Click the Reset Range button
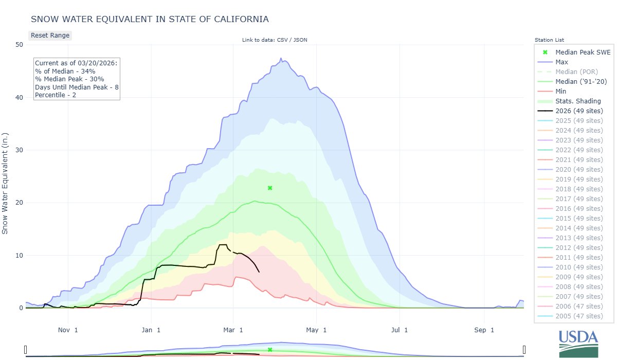click(49, 35)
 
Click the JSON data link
click(300, 40)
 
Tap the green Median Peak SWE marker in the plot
click(270, 188)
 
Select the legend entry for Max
click(562, 62)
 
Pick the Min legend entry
click(561, 91)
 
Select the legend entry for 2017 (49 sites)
click(579, 199)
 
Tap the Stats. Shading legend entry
click(578, 101)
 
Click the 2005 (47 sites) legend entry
click(579, 316)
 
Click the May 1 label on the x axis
click(317, 330)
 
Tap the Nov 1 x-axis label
click(68, 330)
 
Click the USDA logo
click(578, 343)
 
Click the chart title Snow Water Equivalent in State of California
click(150, 19)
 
